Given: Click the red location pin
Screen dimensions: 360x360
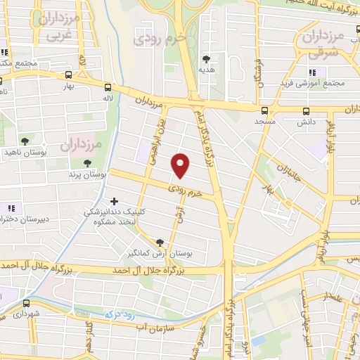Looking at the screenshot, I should point(181,165).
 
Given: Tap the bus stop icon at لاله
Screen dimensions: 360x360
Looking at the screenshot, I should point(108,88).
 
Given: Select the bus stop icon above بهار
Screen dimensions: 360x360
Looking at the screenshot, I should point(68,75).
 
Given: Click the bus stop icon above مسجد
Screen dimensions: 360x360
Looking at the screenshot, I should point(264,110).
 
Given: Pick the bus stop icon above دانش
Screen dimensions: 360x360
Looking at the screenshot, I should point(306,111).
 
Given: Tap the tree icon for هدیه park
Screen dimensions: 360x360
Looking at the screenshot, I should point(206,59).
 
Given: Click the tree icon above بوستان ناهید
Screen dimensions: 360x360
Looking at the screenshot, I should point(25,141).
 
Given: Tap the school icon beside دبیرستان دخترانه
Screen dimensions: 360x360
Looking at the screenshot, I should point(11,208).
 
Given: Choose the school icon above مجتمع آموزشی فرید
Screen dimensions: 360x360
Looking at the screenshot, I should point(312,72).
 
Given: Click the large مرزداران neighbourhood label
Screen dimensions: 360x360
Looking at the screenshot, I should point(81,146).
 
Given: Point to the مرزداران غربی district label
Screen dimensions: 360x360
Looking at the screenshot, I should point(59,27).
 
